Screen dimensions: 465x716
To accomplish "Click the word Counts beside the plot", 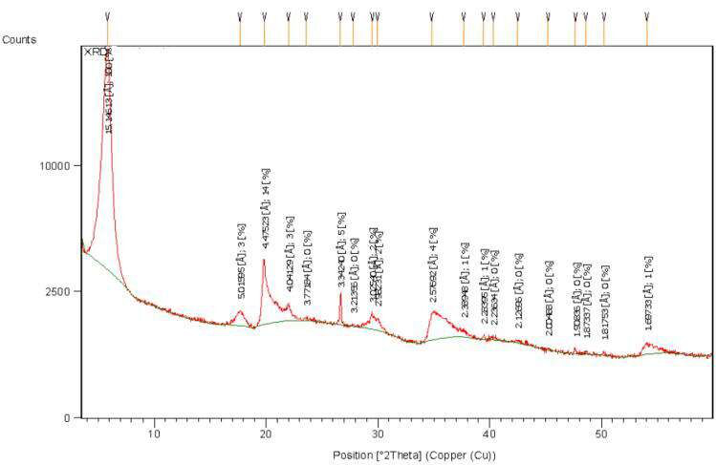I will pyautogui.click(x=19, y=39).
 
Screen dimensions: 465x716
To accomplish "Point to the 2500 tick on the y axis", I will pyautogui.click(x=63, y=290).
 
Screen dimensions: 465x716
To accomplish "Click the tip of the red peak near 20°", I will pyautogui.click(x=264, y=260).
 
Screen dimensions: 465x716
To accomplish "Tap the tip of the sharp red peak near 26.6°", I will pyautogui.click(x=340, y=293).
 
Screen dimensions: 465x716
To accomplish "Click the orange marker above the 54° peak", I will pyautogui.click(x=647, y=31).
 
